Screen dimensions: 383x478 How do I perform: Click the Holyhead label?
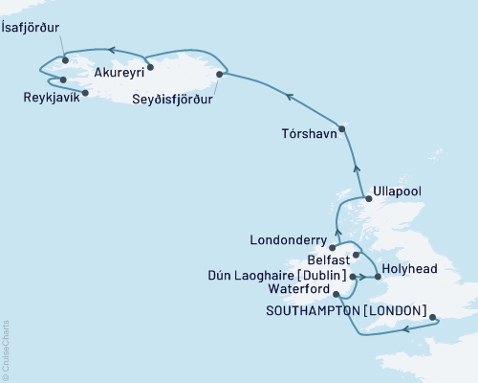(x=405, y=269)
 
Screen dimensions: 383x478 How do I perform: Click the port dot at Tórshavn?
(x=342, y=128)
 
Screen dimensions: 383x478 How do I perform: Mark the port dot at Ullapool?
(x=367, y=198)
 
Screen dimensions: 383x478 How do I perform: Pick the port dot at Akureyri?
(x=150, y=67)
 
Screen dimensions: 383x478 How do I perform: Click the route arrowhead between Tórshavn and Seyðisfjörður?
(x=287, y=94)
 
